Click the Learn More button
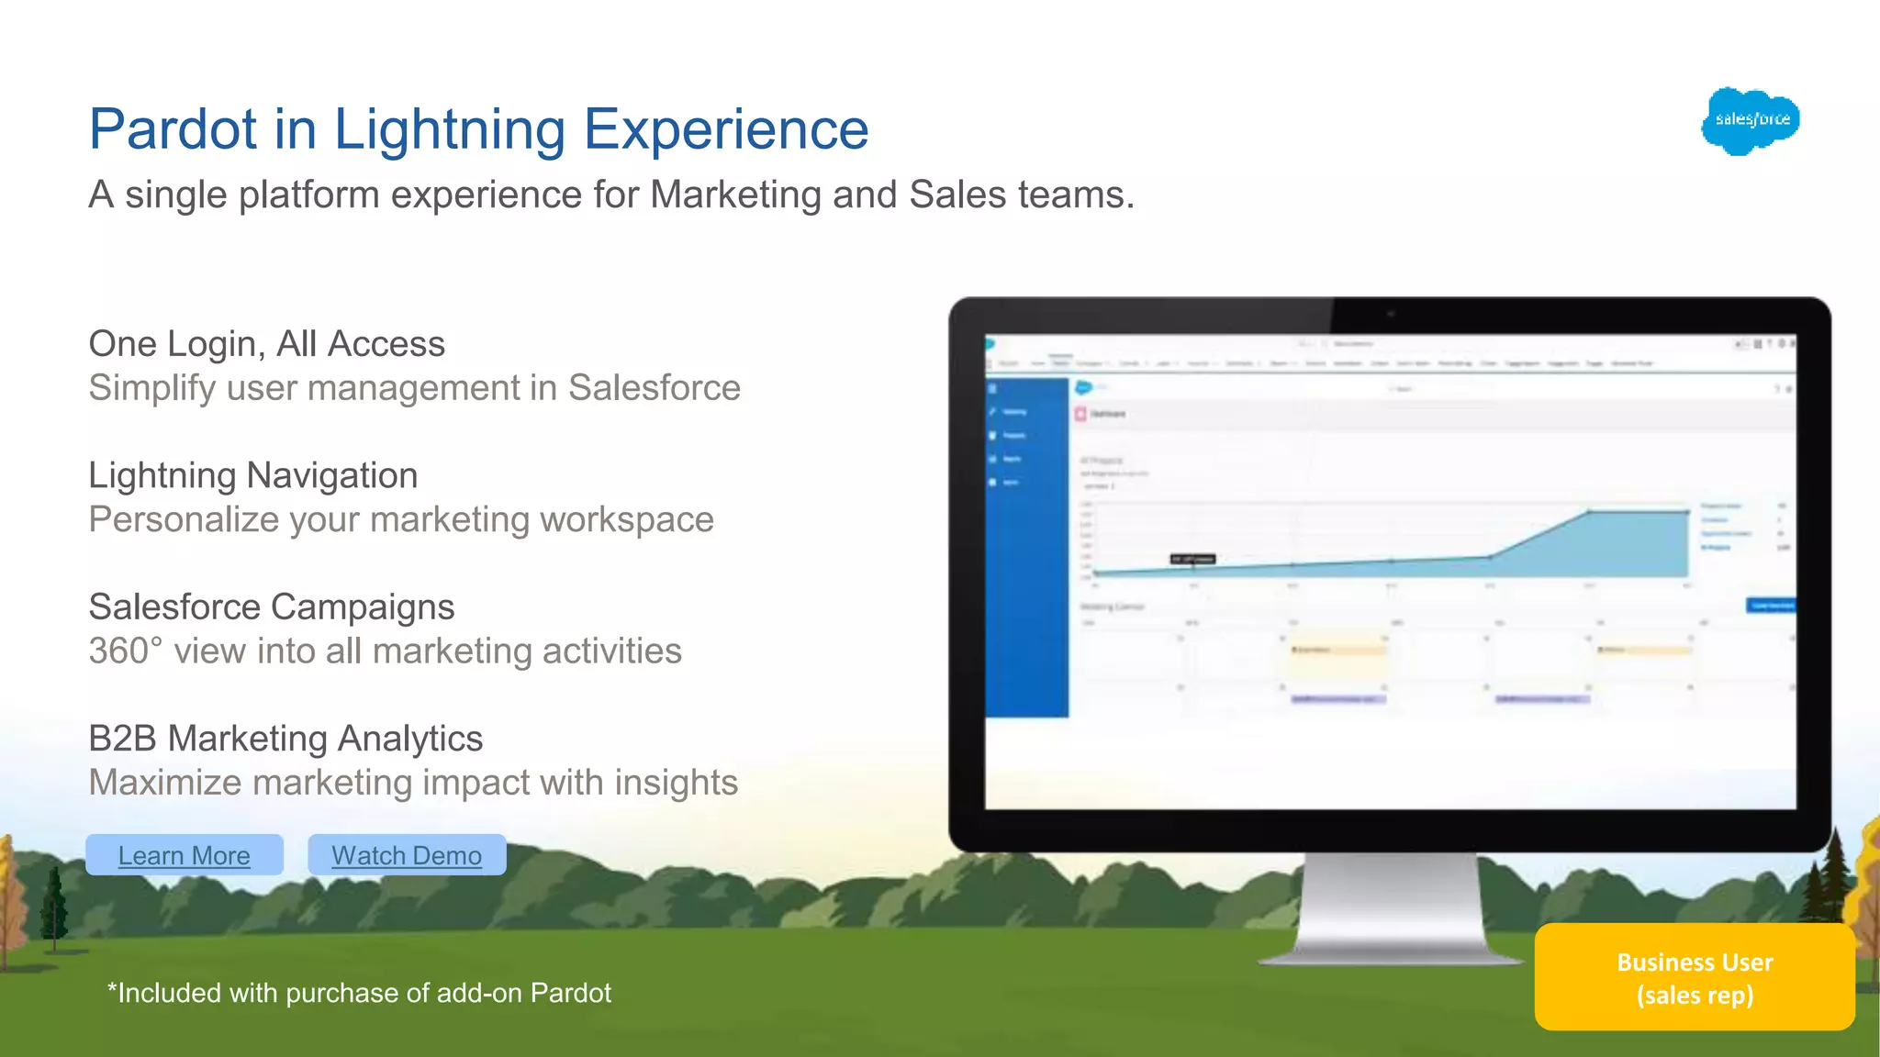click(x=184, y=855)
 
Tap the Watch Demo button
click(x=407, y=855)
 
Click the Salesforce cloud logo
click(x=1751, y=120)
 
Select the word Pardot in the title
click(x=173, y=128)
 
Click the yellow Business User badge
click(x=1695, y=978)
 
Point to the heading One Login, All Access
click(x=266, y=344)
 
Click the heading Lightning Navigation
click(x=252, y=475)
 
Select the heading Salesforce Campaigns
click(x=271, y=606)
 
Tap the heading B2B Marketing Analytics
click(x=285, y=739)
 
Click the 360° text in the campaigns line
click(x=125, y=651)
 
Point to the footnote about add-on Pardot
click(x=359, y=993)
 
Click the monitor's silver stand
click(x=1390, y=908)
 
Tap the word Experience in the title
click(x=725, y=128)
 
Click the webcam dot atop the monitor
click(x=1391, y=315)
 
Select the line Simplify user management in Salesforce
click(x=414, y=388)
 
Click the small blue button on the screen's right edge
click(x=1770, y=606)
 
